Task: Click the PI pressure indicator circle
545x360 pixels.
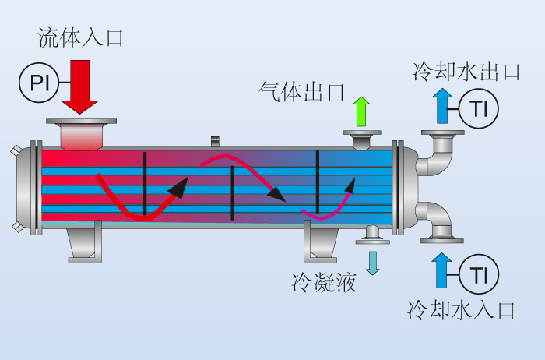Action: coord(39,83)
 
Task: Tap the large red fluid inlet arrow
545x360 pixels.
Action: coord(80,86)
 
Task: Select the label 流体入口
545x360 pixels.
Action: coord(80,37)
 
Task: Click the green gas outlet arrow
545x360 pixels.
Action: coord(361,111)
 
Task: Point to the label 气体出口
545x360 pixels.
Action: coord(301,92)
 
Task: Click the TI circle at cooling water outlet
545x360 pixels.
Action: coord(479,108)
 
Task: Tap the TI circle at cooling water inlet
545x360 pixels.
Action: coord(479,274)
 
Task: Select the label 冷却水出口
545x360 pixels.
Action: coord(466,72)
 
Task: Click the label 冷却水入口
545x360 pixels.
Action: coord(461,309)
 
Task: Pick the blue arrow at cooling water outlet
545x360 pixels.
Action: coord(442,106)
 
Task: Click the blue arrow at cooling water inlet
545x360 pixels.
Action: coord(441,270)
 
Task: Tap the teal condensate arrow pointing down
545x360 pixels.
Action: coord(373,263)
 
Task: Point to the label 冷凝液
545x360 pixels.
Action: coord(324,282)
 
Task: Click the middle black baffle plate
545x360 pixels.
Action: coord(233,193)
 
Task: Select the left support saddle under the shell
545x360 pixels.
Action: coord(85,242)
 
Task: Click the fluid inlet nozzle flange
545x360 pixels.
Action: coord(81,122)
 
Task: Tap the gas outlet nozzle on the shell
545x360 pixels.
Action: coord(362,139)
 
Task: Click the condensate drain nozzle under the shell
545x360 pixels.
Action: coord(373,235)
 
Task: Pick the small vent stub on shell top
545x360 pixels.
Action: coord(215,141)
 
